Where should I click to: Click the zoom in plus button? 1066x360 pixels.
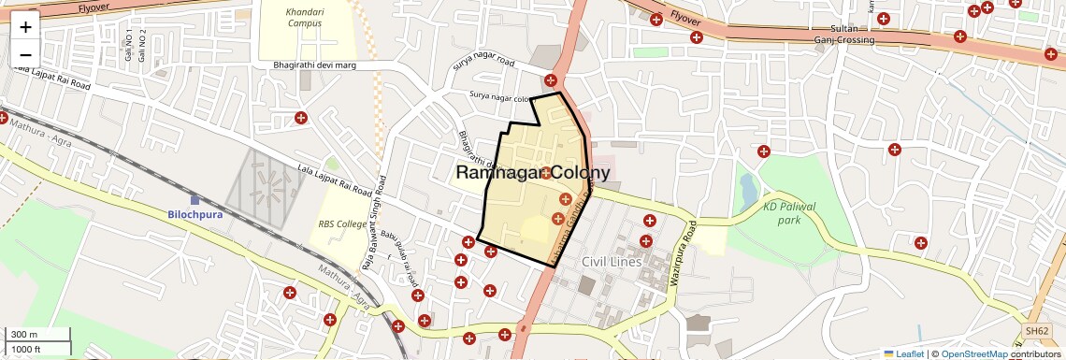(25, 26)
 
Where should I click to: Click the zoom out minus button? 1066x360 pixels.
(25, 53)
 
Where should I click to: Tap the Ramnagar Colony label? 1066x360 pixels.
(533, 173)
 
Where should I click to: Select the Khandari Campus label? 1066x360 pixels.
(305, 17)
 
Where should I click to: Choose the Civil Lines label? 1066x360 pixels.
(612, 261)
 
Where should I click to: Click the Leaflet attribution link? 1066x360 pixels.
(910, 353)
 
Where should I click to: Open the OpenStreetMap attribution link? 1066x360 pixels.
(974, 353)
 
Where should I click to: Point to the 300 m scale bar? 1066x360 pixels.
(37, 335)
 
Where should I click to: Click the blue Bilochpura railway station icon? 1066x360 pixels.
(194, 199)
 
